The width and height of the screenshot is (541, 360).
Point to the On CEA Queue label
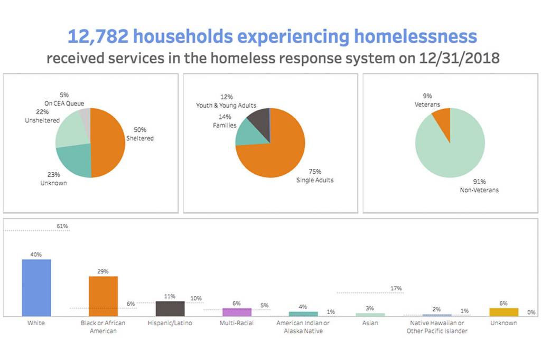[x=64, y=103]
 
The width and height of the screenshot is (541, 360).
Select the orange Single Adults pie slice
[x=275, y=153]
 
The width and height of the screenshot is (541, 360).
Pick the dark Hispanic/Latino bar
[x=170, y=308]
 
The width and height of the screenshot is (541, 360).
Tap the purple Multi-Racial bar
[x=237, y=312]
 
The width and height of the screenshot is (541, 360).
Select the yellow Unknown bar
[x=504, y=312]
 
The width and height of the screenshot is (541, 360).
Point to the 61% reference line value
[x=62, y=226]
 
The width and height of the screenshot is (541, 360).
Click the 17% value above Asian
[x=396, y=289]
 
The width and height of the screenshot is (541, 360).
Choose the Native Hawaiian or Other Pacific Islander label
[x=437, y=327]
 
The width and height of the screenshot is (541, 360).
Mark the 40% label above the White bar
[x=36, y=254]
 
